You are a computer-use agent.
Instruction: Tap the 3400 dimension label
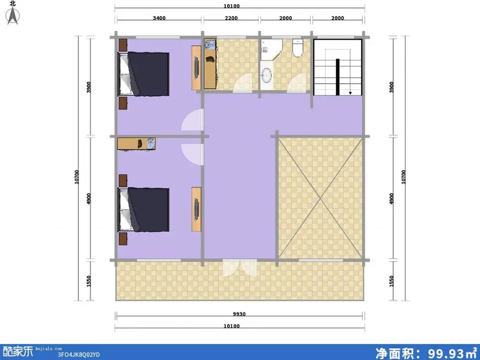(159, 18)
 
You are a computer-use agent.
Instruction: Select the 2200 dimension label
(231, 18)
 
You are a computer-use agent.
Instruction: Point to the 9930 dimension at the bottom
(239, 314)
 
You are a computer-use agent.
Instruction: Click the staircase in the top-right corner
(337, 67)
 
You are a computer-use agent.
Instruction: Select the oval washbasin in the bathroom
(266, 74)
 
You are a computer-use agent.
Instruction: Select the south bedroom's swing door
(193, 153)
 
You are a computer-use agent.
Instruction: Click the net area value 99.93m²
(427, 353)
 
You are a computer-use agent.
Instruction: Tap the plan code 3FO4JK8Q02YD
(79, 355)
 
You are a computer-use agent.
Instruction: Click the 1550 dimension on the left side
(89, 281)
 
